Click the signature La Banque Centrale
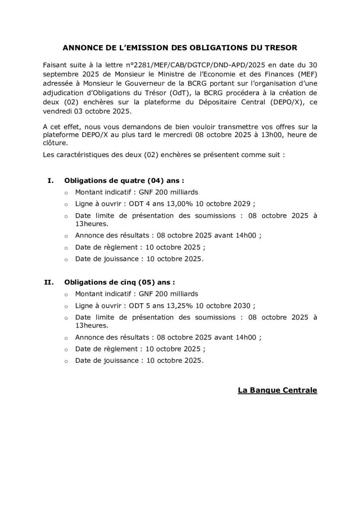click(x=277, y=390)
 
